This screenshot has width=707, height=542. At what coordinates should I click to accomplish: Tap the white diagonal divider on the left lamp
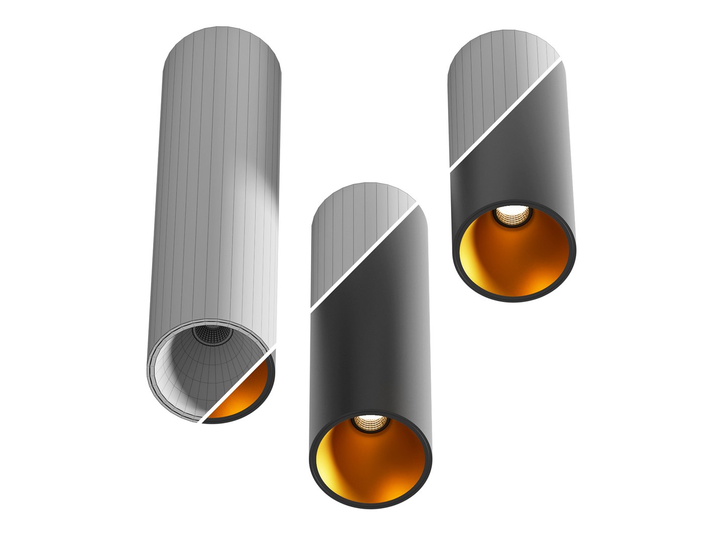239,386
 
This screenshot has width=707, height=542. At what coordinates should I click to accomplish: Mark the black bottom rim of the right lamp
515,300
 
